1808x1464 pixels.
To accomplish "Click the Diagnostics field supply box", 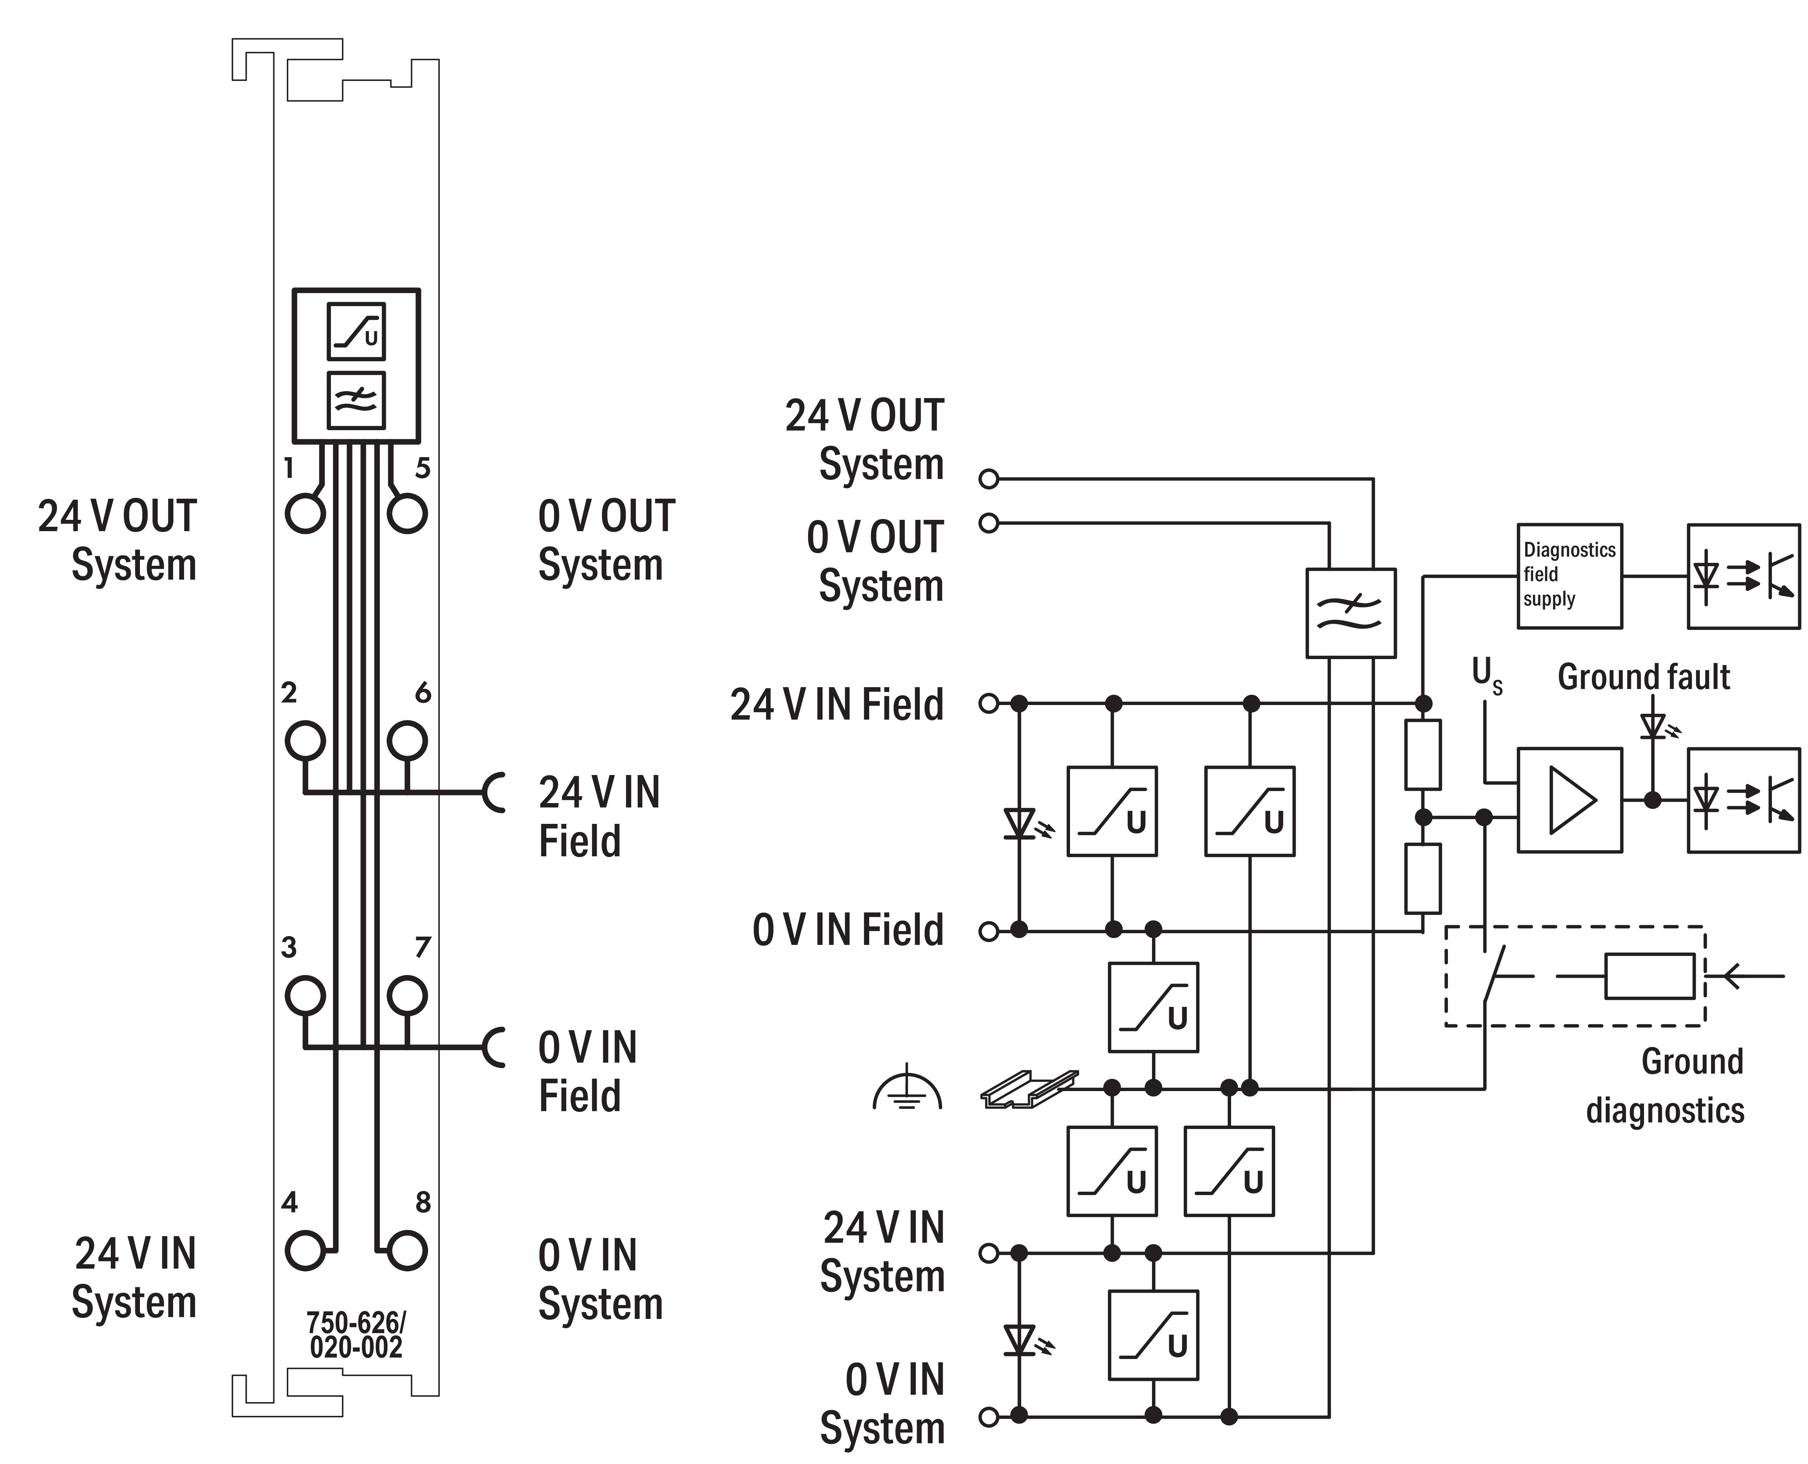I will (x=1569, y=576).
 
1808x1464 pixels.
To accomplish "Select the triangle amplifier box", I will (x=1569, y=799).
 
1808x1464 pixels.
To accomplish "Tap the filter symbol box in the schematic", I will (x=1350, y=613).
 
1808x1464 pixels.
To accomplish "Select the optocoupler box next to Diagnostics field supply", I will (x=1743, y=576).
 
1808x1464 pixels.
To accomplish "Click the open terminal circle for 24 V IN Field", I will (x=989, y=703).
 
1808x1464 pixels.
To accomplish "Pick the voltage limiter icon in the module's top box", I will (x=356, y=331).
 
